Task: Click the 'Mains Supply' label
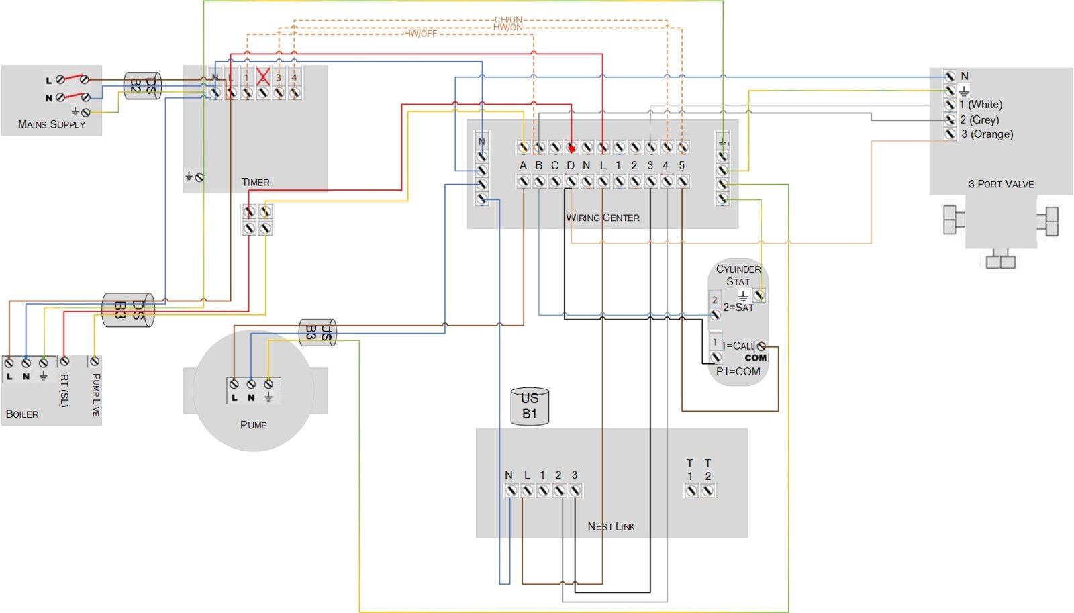coord(52,124)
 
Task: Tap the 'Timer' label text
coord(255,182)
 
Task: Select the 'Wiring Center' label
coord(602,218)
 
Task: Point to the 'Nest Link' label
coord(611,526)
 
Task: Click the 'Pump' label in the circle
coord(253,424)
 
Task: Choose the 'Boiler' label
coord(22,414)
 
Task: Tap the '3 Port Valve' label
coord(1001,184)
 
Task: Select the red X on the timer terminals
coord(262,77)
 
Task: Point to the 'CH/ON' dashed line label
coord(508,20)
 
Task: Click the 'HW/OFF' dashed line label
coord(420,34)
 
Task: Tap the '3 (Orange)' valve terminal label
coord(987,134)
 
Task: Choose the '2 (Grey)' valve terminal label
coord(979,120)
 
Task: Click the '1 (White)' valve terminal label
coord(981,105)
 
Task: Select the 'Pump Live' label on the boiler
coord(96,395)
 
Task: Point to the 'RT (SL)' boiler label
coord(64,390)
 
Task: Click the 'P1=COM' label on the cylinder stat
coord(738,371)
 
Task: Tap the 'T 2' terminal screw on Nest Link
coord(707,491)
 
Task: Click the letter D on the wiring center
coord(571,165)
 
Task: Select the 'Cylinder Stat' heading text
coord(738,275)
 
